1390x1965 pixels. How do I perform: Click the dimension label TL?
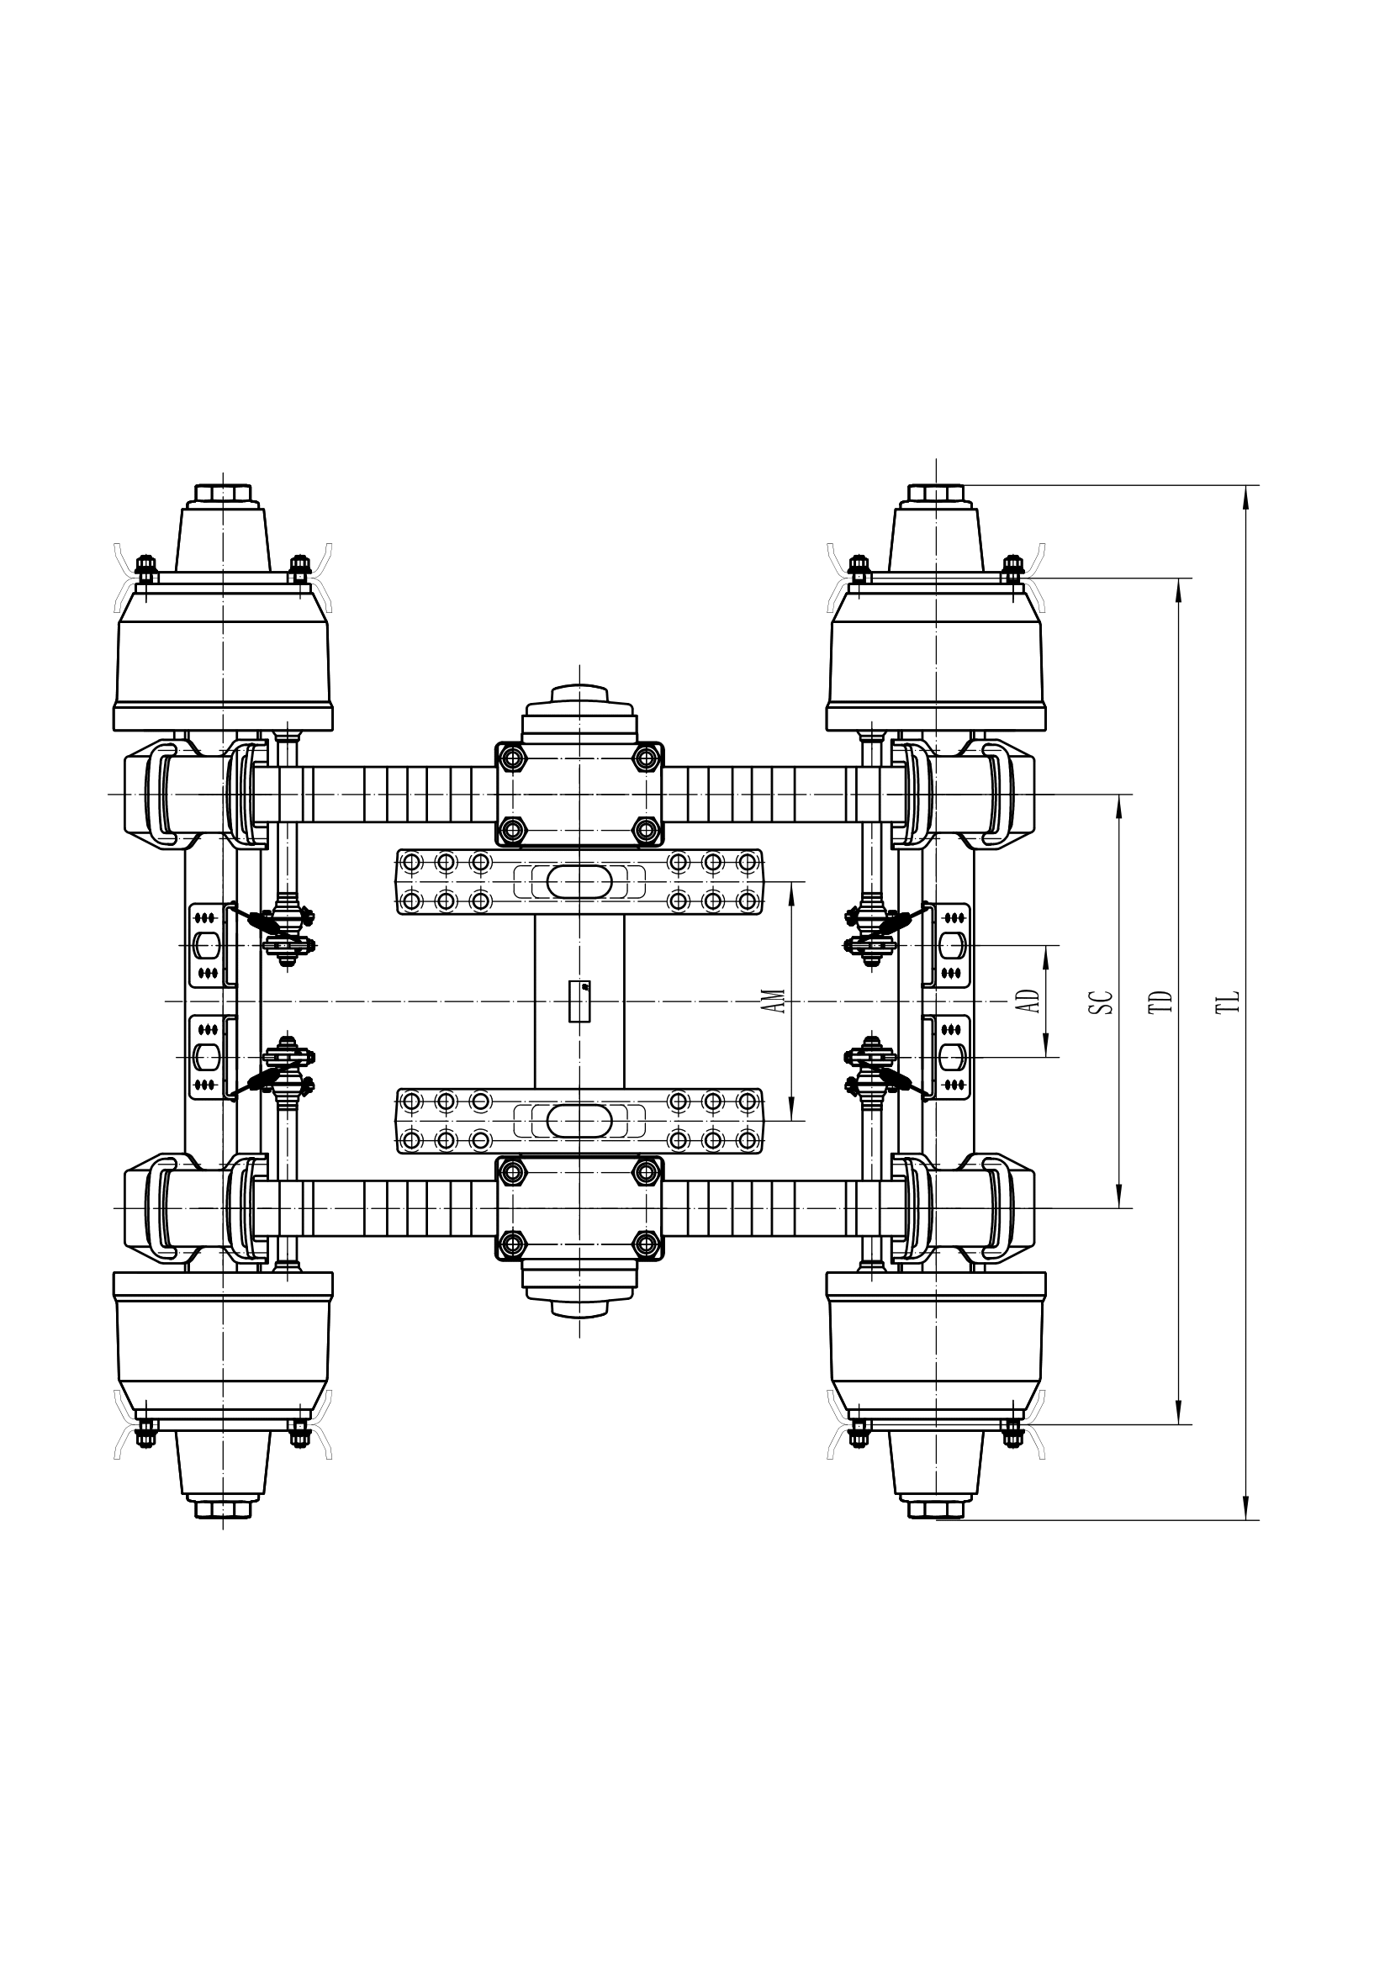coord(1230,1002)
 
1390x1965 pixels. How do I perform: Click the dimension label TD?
coord(1164,1002)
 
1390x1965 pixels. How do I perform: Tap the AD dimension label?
coord(1032,1001)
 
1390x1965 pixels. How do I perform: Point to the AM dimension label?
coord(775,1001)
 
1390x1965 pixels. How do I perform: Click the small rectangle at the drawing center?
coord(579,1001)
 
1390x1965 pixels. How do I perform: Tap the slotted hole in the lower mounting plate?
coord(579,1120)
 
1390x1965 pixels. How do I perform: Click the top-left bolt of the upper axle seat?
coord(513,757)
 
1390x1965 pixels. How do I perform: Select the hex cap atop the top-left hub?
coord(223,494)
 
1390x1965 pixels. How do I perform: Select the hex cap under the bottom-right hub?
coord(936,1510)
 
